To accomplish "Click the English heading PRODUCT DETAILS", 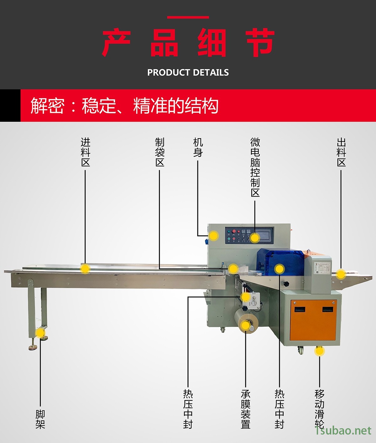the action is click(188, 72).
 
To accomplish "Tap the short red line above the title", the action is click(188, 17).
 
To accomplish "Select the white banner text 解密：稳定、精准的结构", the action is click(124, 105).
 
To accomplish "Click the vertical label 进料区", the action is click(86, 152).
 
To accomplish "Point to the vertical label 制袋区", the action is click(160, 152).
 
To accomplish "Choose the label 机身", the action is click(198, 147).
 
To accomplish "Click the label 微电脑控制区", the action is click(255, 167).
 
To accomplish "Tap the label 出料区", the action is click(341, 152).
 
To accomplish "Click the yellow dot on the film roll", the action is click(246, 325).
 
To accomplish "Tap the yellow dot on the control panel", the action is click(254, 238).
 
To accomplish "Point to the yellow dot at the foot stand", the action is click(40, 333).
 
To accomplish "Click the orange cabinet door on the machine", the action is click(314, 320).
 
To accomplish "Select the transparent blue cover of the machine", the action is click(281, 262).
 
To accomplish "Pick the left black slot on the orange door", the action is click(300, 309).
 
